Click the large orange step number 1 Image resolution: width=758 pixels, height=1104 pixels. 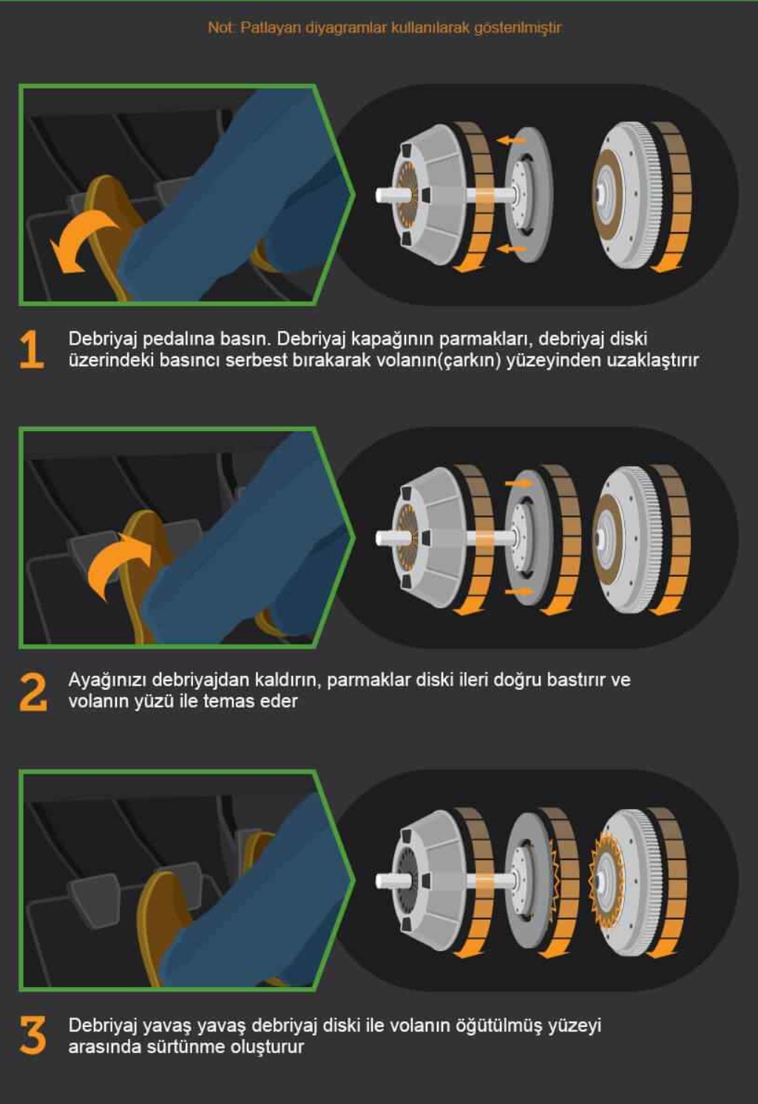click(32, 350)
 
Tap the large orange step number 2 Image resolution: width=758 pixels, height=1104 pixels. click(33, 692)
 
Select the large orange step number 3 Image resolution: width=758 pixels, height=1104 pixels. click(33, 1035)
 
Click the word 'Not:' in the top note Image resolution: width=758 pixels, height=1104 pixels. click(221, 27)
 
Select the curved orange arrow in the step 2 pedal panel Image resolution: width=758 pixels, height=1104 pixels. click(118, 566)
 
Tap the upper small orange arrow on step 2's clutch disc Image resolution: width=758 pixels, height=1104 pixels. click(518, 484)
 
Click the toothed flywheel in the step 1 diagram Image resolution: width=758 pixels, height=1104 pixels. click(623, 195)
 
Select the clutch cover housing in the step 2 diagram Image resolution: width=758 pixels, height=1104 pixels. click(427, 538)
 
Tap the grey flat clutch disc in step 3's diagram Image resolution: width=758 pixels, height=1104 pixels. click(528, 881)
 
